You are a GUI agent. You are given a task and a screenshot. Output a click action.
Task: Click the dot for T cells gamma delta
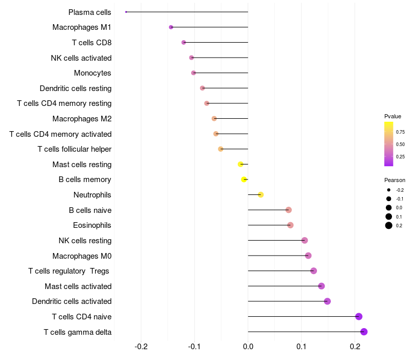(364, 332)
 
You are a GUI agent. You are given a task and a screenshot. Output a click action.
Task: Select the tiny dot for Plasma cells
(126, 12)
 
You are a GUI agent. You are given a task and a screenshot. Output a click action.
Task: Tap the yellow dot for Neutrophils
(260, 195)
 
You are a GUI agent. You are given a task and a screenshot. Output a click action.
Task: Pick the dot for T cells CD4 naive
(359, 316)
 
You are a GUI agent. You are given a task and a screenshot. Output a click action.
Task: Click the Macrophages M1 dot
(171, 27)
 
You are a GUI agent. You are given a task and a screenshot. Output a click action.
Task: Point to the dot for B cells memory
(244, 179)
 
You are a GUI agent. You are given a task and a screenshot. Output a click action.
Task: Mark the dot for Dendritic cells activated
(327, 301)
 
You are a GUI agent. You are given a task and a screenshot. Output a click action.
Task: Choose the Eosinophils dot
(290, 225)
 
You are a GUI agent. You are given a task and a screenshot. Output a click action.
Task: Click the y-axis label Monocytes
(92, 73)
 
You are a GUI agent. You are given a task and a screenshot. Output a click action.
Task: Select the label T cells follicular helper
(74, 149)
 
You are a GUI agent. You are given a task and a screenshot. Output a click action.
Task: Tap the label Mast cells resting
(82, 165)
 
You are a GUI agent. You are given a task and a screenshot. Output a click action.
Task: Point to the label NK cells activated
(81, 58)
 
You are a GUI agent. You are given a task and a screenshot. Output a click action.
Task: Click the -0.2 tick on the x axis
(141, 347)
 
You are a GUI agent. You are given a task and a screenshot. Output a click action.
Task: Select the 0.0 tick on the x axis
(248, 347)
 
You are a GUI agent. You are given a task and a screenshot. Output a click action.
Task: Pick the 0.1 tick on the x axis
(302, 347)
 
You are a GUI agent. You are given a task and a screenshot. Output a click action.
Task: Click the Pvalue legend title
(393, 116)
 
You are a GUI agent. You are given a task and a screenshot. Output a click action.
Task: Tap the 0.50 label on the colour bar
(400, 145)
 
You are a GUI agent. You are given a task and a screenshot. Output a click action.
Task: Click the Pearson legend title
(395, 180)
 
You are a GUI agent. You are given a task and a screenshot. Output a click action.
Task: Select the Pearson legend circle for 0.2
(389, 225)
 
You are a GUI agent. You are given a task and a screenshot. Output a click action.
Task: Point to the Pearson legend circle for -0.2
(389, 190)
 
